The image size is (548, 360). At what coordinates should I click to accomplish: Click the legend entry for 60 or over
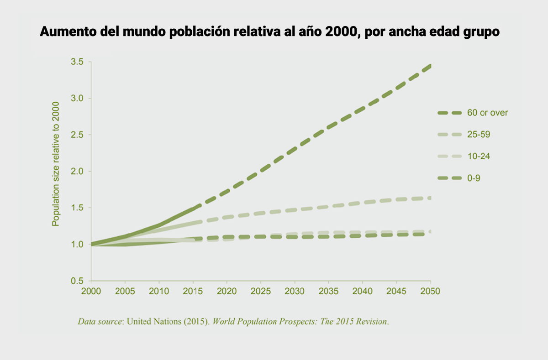(x=487, y=113)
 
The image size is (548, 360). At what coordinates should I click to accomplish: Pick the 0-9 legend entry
(x=473, y=178)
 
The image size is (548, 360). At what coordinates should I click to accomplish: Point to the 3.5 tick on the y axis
(x=76, y=62)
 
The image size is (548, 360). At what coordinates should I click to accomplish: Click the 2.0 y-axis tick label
(x=76, y=172)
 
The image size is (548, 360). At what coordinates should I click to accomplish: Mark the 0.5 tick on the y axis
(x=76, y=281)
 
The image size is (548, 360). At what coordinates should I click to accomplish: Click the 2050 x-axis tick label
(x=430, y=291)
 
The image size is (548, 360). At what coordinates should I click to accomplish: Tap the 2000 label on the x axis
(x=91, y=291)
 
